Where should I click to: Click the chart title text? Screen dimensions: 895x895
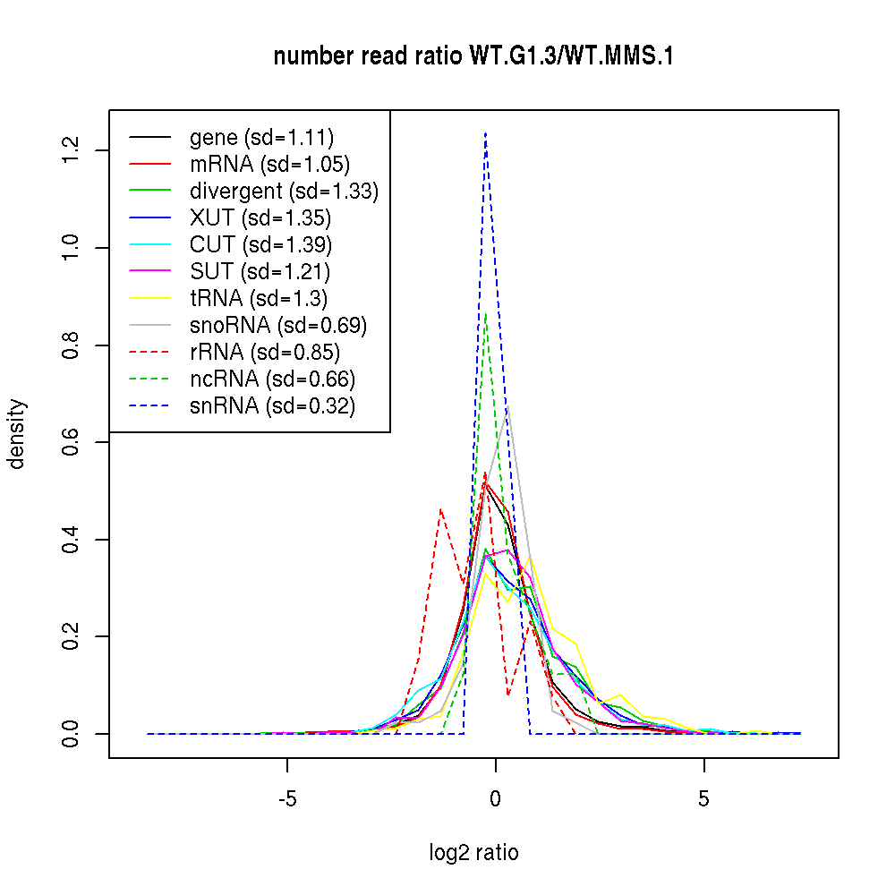point(473,57)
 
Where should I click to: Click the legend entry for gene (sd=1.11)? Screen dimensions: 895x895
point(261,138)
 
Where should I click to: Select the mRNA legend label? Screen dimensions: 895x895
point(269,165)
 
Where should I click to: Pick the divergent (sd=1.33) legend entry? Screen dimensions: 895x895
point(284,192)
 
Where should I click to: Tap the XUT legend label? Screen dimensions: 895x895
point(260,218)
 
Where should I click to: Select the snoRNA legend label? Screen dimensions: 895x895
point(278,326)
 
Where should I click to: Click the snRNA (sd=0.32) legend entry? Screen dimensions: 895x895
point(272,406)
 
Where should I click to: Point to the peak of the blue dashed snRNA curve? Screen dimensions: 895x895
point(485,133)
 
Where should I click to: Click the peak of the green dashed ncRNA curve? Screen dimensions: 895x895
point(485,314)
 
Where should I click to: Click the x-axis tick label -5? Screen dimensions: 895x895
point(286,799)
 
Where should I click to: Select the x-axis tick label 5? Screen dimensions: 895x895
point(703,799)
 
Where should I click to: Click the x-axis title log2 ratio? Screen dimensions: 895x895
point(473,853)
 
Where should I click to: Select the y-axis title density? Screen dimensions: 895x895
point(18,434)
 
